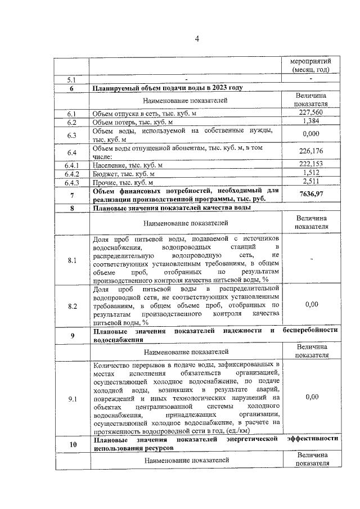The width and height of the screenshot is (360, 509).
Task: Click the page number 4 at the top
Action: click(x=197, y=38)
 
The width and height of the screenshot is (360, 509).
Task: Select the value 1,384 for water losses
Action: click(x=311, y=121)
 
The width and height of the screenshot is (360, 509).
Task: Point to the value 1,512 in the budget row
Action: click(x=311, y=173)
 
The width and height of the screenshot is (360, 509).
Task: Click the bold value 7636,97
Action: click(x=311, y=195)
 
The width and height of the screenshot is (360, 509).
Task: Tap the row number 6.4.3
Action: click(x=72, y=182)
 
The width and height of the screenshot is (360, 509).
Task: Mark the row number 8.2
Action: click(x=72, y=306)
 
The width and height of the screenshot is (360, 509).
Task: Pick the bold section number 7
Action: click(x=72, y=195)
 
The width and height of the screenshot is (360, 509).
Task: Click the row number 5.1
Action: click(x=72, y=79)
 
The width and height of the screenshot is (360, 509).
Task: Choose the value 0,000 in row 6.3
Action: click(x=311, y=134)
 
